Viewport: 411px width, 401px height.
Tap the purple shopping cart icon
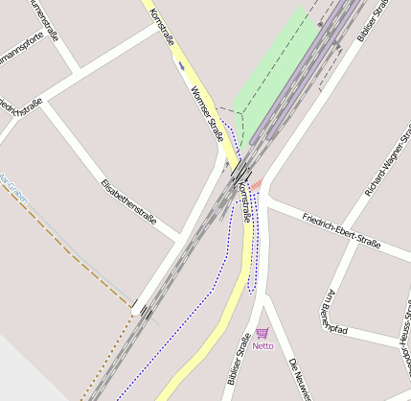(262, 333)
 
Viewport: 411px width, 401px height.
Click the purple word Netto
(263, 345)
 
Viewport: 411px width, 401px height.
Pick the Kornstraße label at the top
(162, 28)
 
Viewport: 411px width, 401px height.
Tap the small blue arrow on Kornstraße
(180, 65)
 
